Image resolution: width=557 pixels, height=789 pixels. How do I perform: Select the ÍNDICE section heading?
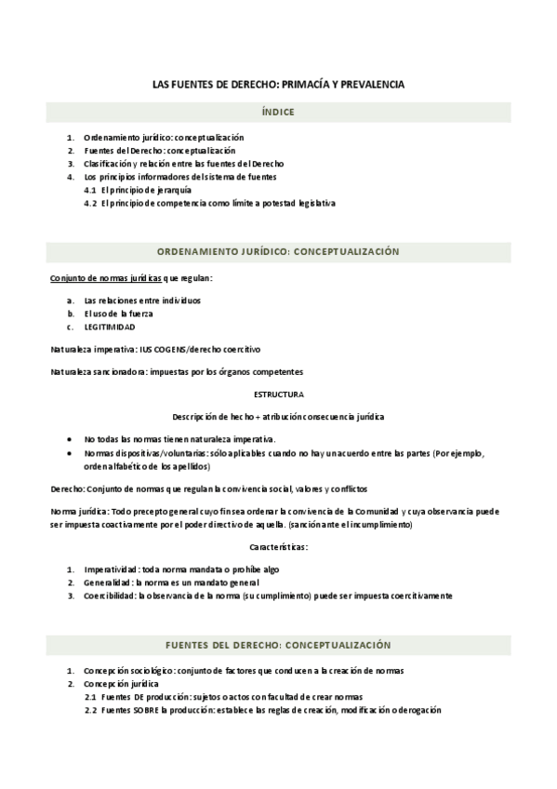(x=278, y=112)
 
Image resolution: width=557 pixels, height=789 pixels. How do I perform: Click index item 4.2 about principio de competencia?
(x=209, y=203)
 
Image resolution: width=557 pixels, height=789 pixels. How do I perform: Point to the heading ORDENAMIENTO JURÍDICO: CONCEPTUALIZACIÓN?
(x=278, y=251)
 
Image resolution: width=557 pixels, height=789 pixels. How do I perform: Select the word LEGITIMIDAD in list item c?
(x=109, y=328)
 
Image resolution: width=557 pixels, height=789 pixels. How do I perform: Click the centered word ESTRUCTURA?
(x=278, y=394)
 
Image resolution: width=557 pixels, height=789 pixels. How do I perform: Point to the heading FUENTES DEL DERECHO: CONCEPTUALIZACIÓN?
(x=278, y=645)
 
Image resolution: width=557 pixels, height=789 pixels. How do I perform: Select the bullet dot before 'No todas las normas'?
(x=72, y=438)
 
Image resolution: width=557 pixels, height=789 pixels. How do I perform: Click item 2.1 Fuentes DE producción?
(x=223, y=698)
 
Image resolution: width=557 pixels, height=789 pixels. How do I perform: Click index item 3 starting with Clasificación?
(x=183, y=164)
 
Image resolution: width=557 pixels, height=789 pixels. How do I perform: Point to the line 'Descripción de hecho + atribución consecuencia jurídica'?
(x=278, y=416)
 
